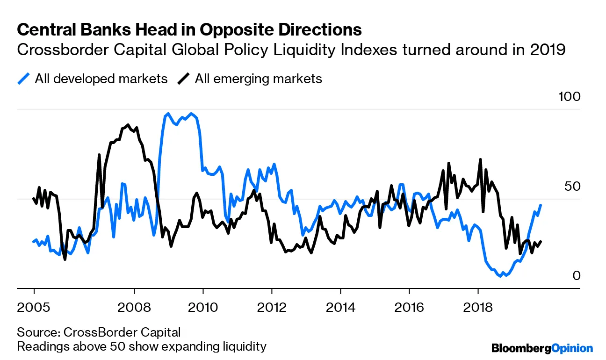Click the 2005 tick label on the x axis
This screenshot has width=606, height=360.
tap(34, 308)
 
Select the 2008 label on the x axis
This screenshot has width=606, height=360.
tap(134, 308)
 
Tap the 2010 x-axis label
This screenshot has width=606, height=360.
tap(203, 308)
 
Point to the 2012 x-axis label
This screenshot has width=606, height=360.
tap(272, 308)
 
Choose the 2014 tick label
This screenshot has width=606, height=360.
tap(341, 308)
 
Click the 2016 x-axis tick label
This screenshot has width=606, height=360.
tap(410, 308)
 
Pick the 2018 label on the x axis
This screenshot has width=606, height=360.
tap(478, 308)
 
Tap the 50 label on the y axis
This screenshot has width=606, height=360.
tap(573, 186)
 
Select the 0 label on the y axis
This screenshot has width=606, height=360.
tap(576, 275)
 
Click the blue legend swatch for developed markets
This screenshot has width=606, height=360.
tap(23, 79)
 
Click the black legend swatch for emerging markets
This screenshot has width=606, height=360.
tap(184, 79)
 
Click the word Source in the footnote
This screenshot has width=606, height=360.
tap(36, 332)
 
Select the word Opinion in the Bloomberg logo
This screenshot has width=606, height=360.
tap(572, 348)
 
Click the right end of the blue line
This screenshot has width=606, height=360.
tap(541, 205)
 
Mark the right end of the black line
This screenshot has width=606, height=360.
tap(541, 242)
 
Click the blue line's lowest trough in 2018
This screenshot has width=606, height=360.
tap(500, 276)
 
